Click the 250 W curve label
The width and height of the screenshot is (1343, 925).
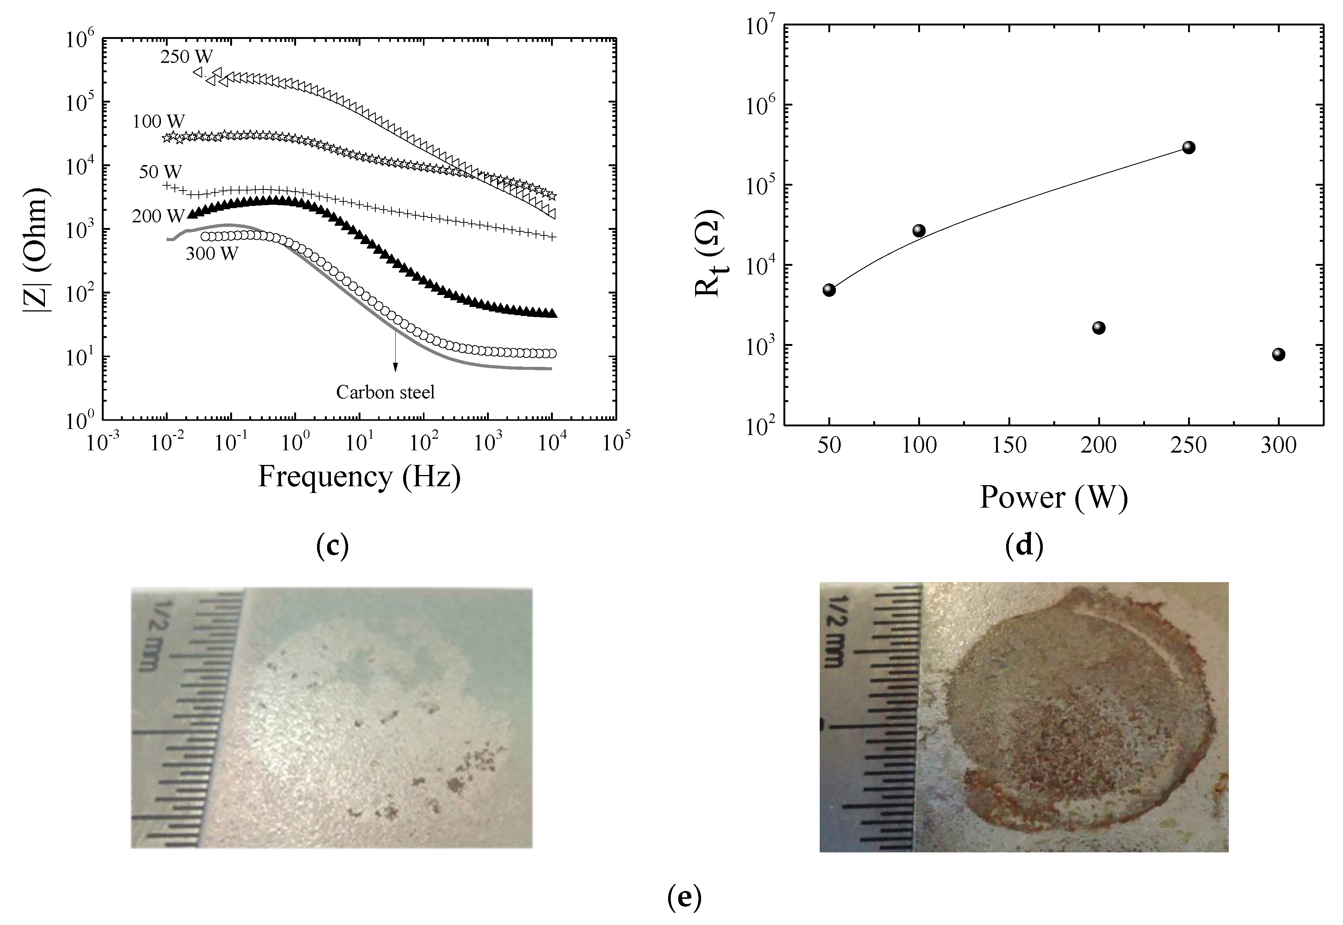pos(186,57)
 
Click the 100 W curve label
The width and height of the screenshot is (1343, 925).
pos(158,122)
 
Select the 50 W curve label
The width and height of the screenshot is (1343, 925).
pos(161,172)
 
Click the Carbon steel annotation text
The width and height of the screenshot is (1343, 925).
pos(385,392)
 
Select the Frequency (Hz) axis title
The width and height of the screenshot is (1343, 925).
pos(359,477)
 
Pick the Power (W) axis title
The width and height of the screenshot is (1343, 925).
pos(1053,497)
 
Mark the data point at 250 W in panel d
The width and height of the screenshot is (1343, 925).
pos(1189,147)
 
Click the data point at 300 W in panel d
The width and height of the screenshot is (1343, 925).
pos(1279,354)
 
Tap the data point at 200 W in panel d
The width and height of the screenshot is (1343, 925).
pos(1099,328)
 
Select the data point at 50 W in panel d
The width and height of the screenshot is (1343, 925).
pos(829,290)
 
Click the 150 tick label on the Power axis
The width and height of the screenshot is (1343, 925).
pos(1009,445)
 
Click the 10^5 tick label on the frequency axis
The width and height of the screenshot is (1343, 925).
pos(616,442)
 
